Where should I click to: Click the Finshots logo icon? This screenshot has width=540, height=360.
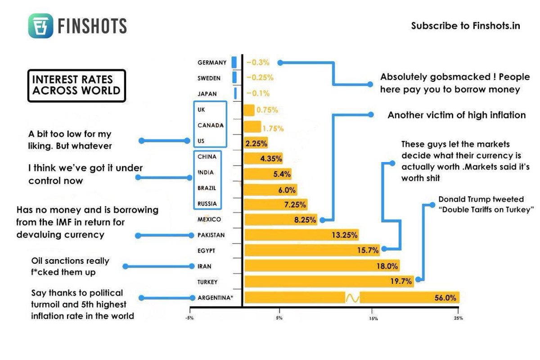(x=40, y=26)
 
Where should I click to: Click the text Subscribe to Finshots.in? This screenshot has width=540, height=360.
(x=465, y=26)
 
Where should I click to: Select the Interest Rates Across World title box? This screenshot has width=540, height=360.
(x=76, y=85)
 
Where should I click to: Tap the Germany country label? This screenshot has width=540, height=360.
(x=211, y=63)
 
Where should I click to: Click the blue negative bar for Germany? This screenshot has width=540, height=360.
(x=234, y=63)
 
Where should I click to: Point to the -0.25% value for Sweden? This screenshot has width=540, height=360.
(x=260, y=78)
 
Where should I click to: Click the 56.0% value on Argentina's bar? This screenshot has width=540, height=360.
(x=445, y=298)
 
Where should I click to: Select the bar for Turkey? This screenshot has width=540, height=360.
(x=328, y=282)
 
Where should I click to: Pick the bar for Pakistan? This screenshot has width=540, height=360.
(x=301, y=235)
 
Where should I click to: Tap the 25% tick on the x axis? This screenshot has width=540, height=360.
(x=458, y=318)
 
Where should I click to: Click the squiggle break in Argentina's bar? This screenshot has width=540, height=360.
(x=352, y=298)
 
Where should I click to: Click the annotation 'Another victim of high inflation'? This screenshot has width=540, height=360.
(x=456, y=115)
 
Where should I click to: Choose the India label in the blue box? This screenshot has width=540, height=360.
(x=206, y=172)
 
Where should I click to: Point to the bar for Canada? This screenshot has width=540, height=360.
(x=252, y=126)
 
